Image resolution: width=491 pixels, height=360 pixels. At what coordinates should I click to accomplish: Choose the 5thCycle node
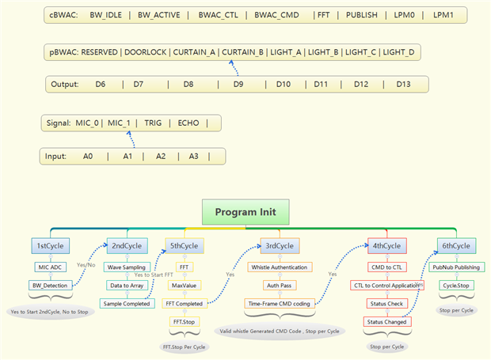[185, 246]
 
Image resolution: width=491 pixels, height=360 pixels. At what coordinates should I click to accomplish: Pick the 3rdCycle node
[278, 246]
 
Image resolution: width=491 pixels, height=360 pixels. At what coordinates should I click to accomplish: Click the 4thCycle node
[387, 246]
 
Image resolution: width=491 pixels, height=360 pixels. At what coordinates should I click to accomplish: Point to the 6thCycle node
[457, 246]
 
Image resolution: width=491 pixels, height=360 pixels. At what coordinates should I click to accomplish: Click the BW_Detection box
[50, 286]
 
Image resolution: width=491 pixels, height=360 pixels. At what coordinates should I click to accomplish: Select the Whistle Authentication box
[280, 267]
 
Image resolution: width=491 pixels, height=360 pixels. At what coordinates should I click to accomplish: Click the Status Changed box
[387, 321]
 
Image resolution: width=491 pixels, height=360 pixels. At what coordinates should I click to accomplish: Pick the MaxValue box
[184, 285]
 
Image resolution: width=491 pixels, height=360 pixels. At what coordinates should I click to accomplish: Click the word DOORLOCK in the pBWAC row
[146, 53]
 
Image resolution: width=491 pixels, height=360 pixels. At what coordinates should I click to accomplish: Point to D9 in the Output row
[238, 84]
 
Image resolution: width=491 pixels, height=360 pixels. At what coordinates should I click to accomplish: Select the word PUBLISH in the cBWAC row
[362, 15]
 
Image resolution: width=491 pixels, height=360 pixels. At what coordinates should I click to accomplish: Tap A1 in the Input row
[127, 156]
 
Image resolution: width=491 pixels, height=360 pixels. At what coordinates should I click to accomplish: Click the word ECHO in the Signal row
[188, 123]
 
